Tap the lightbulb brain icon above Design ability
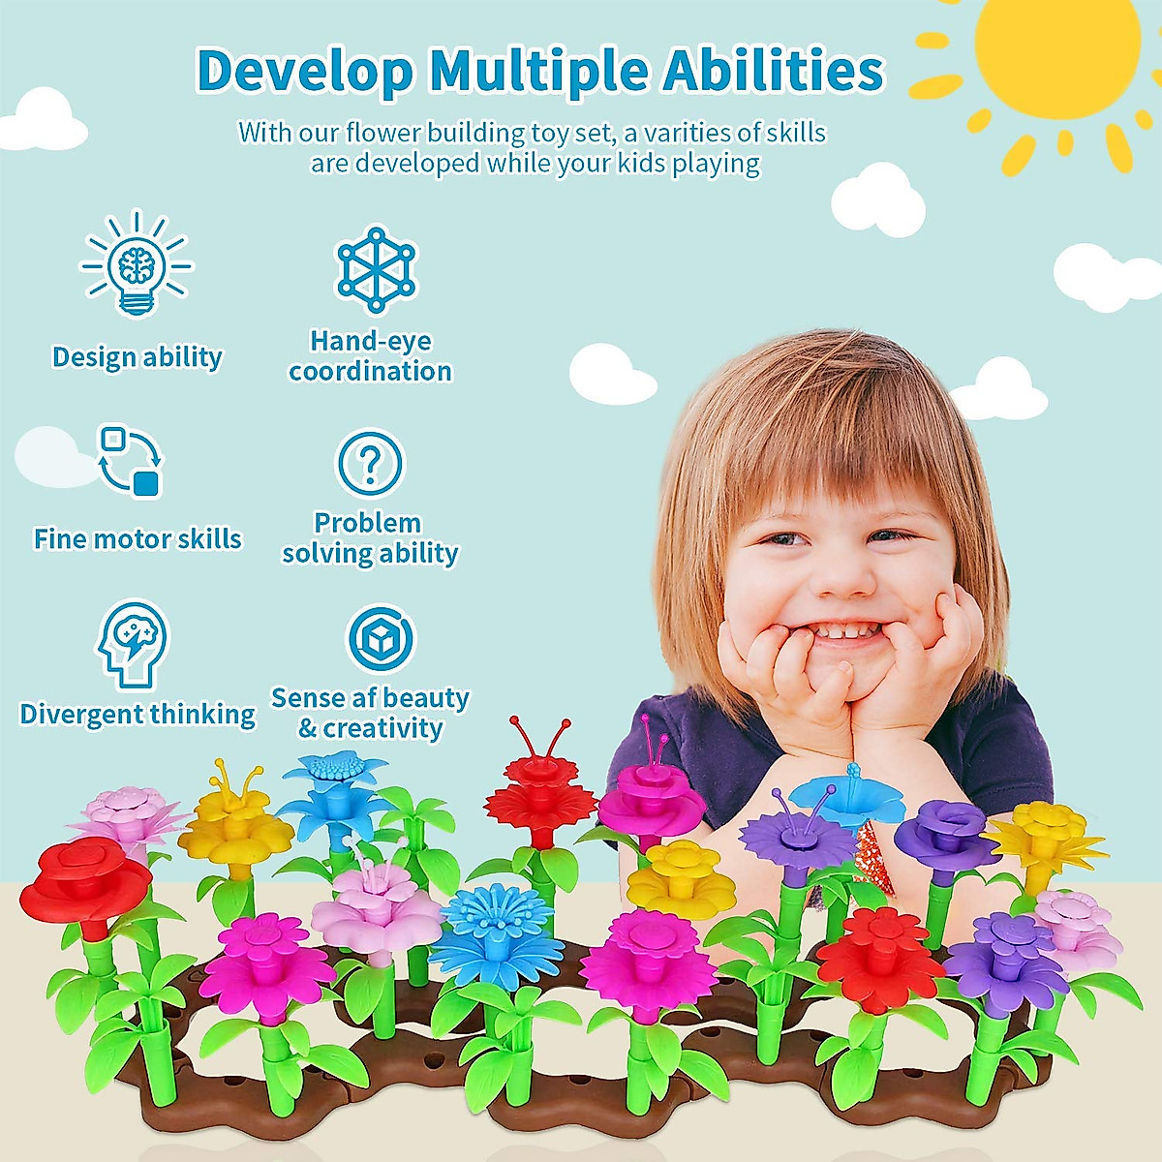(138, 263)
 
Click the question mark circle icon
(370, 463)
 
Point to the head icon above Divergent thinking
(133, 643)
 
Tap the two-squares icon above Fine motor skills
(131, 460)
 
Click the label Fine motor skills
(138, 538)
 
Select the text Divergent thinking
(138, 714)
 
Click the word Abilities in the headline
(773, 72)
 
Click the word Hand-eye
(370, 341)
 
